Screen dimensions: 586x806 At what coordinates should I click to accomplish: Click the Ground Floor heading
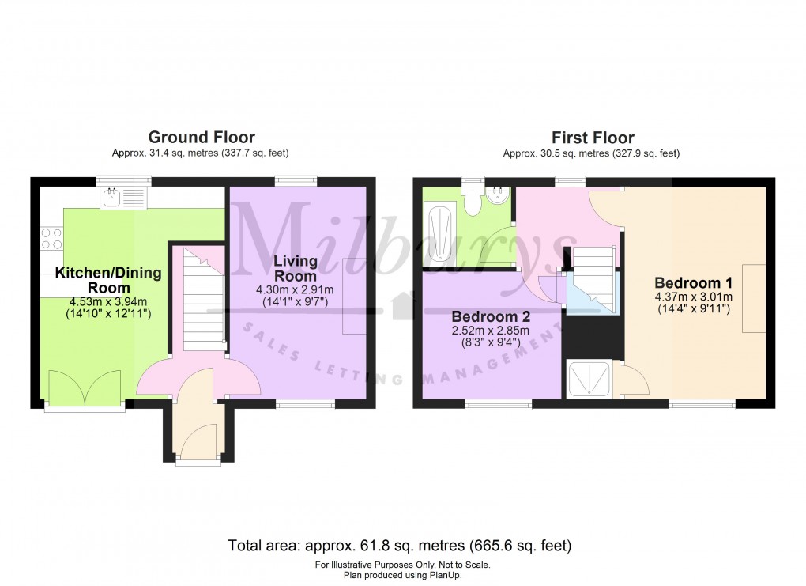point(201,138)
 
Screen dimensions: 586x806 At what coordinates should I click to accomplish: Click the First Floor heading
point(592,138)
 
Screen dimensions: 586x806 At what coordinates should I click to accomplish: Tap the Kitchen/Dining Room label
point(108,280)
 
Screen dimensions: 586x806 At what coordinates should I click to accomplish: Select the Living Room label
point(296,268)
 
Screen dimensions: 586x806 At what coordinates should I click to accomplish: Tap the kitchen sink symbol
point(124,197)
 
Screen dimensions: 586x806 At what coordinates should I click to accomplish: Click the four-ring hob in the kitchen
point(51,238)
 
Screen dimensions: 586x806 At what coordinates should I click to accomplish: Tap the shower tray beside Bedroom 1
point(589,380)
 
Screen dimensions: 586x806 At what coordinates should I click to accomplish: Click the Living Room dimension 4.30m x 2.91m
point(296,289)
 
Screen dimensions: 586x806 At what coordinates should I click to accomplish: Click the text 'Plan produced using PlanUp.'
point(402,575)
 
